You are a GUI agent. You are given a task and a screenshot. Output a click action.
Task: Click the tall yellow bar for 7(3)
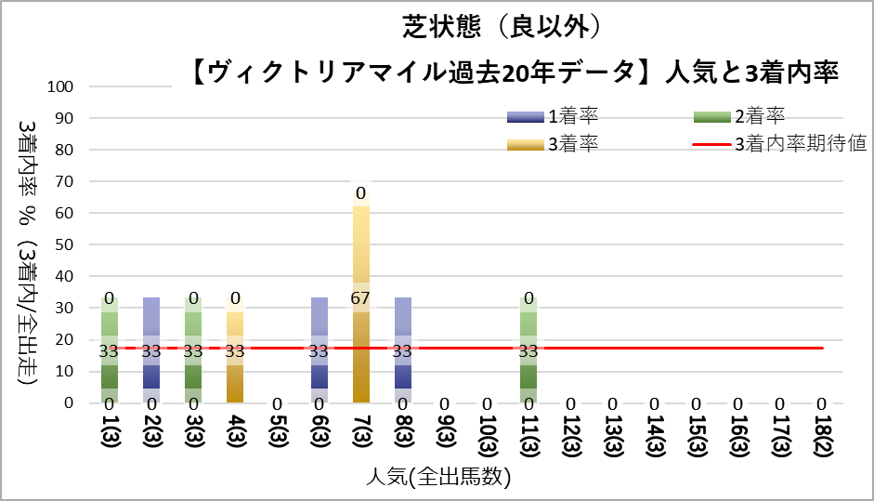pyautogui.click(x=360, y=297)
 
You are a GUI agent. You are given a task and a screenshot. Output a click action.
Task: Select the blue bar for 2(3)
pyautogui.click(x=151, y=349)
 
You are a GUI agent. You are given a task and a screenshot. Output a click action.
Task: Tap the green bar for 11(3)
pyautogui.click(x=528, y=349)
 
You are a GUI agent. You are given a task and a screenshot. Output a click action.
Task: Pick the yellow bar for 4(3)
pyautogui.click(x=235, y=349)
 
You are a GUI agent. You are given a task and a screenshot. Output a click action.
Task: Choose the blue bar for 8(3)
pyautogui.click(x=403, y=349)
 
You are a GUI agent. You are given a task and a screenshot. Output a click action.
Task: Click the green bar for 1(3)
pyautogui.click(x=110, y=349)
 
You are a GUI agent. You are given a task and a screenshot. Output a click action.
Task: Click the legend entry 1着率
pyautogui.click(x=553, y=116)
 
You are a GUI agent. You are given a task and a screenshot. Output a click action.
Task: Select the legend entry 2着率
pyautogui.click(x=739, y=116)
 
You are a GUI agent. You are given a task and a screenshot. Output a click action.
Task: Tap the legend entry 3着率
pyautogui.click(x=553, y=144)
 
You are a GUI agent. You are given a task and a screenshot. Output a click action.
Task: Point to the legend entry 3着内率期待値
pyautogui.click(x=780, y=144)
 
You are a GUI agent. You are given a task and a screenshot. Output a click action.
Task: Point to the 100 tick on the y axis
pyautogui.click(x=59, y=86)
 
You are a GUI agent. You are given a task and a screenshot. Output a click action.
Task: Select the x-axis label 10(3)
pyautogui.click(x=488, y=436)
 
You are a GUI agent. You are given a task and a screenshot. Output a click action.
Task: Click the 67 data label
pyautogui.click(x=360, y=298)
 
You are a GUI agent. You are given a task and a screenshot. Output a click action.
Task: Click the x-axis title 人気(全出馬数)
pyautogui.click(x=438, y=477)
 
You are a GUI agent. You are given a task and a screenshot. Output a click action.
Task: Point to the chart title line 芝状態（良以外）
pyautogui.click(x=502, y=27)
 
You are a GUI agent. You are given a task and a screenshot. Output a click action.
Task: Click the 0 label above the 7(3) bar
pyautogui.click(x=360, y=193)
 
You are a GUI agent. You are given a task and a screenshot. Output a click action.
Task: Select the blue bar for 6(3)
pyautogui.click(x=319, y=349)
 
